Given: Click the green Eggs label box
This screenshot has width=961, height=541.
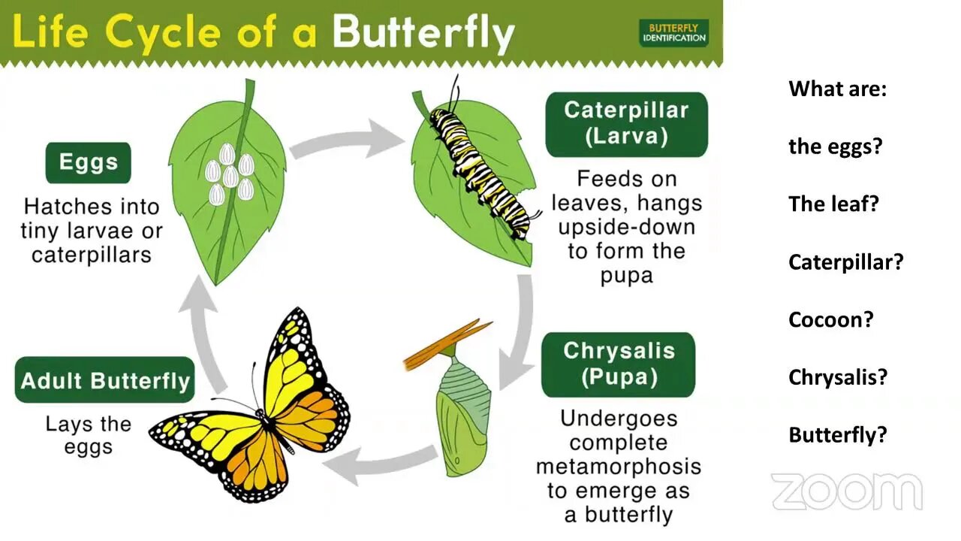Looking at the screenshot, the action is click(x=89, y=163).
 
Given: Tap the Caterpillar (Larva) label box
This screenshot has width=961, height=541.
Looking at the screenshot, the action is click(x=626, y=124).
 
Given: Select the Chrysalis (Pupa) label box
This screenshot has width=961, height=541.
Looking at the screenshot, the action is click(x=618, y=364).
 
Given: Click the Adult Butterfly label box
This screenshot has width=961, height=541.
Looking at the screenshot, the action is click(x=104, y=379).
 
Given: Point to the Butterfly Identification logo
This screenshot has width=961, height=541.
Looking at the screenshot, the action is click(x=673, y=33).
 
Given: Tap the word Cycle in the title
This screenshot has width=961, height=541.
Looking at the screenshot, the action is click(x=163, y=33).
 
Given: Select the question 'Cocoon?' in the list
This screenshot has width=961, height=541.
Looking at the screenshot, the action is click(x=830, y=320).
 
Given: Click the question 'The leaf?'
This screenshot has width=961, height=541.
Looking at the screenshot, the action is click(x=833, y=204).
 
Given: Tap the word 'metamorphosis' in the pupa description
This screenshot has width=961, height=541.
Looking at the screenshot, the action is click(x=618, y=467).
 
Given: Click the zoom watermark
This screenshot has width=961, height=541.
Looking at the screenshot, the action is click(x=846, y=491).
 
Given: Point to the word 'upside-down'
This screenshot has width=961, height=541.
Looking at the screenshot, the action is click(x=626, y=228).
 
